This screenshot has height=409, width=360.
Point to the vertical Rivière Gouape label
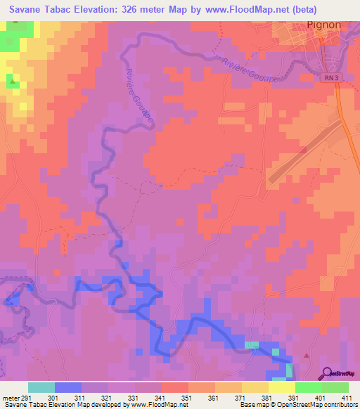click(139, 97)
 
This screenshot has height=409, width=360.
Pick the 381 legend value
click(267, 398)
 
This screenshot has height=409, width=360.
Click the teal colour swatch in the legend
click(41, 387)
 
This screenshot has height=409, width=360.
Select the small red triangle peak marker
click(307, 356)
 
